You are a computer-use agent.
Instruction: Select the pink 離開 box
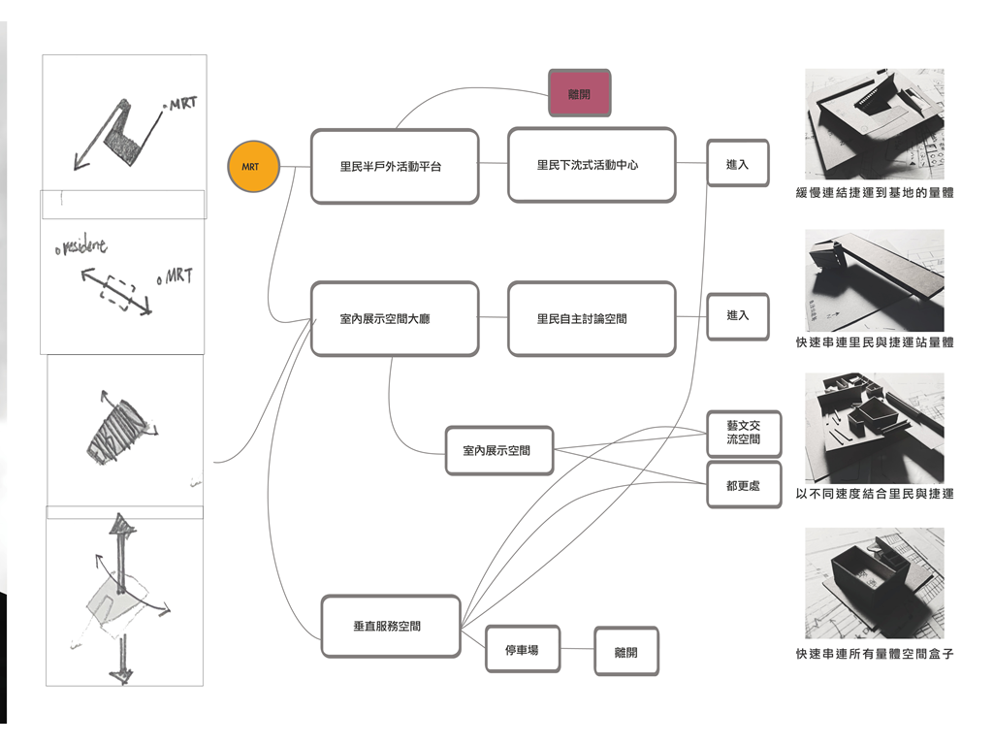pyautogui.click(x=579, y=93)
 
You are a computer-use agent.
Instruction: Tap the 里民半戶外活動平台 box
pyautogui.click(x=395, y=166)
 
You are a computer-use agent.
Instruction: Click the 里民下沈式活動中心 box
pyautogui.click(x=592, y=165)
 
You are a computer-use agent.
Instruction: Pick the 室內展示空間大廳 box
pyautogui.click(x=395, y=318)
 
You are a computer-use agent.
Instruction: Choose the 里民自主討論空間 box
pyautogui.click(x=592, y=318)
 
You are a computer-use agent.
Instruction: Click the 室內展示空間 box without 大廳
pyautogui.click(x=499, y=450)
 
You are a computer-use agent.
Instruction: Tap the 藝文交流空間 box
pyautogui.click(x=743, y=433)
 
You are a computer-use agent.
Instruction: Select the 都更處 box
pyautogui.click(x=743, y=485)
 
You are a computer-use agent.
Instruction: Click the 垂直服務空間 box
pyautogui.click(x=390, y=626)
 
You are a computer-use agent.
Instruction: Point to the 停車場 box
pyautogui.click(x=525, y=650)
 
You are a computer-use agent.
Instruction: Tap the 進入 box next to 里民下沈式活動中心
pyautogui.click(x=738, y=165)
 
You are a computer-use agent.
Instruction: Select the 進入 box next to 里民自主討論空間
pyautogui.click(x=738, y=316)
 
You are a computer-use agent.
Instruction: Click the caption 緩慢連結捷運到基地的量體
pyautogui.click(x=875, y=193)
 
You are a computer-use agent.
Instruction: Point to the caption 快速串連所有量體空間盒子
pyautogui.click(x=875, y=654)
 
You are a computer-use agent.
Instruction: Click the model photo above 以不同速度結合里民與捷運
pyautogui.click(x=875, y=427)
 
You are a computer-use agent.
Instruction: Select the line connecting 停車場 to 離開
pyautogui.click(x=580, y=650)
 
